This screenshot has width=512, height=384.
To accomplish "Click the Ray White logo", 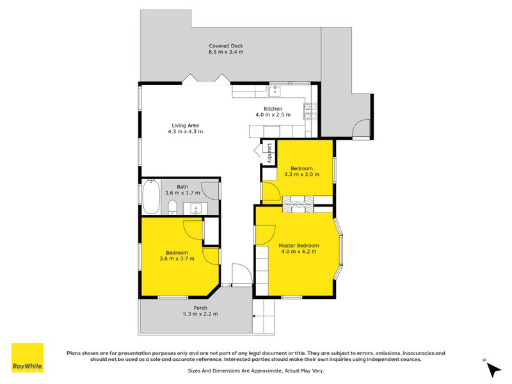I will point(28,358).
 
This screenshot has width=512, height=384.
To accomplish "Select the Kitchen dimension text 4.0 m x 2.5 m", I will point(273,115).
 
